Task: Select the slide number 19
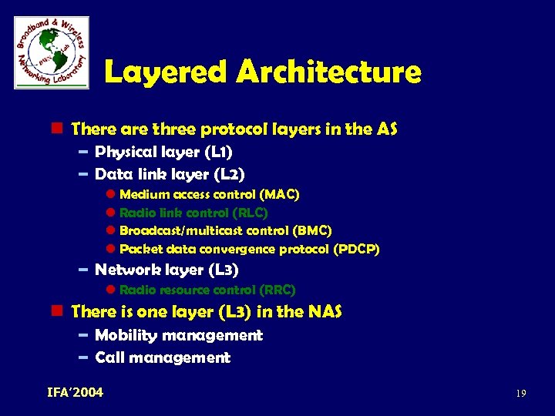[x=521, y=394]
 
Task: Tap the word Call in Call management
[x=109, y=357]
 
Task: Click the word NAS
[x=325, y=312]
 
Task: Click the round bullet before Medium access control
[x=110, y=195]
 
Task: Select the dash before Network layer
[x=83, y=270]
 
